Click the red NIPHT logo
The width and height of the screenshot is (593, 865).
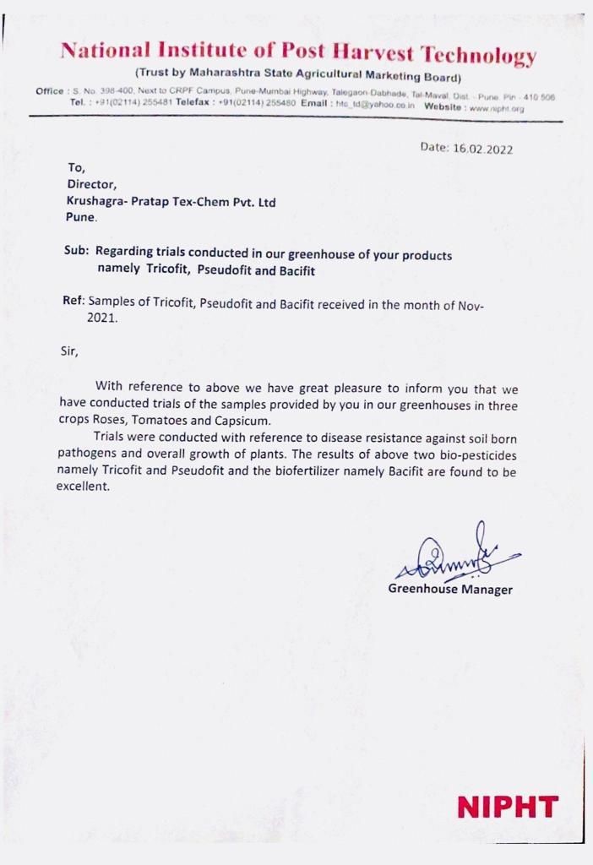point(508,807)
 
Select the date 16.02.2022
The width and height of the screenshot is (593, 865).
point(483,149)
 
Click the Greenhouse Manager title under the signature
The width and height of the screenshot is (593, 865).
point(450,590)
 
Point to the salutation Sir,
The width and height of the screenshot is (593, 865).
point(68,351)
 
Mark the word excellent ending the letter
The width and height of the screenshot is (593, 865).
point(83,487)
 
